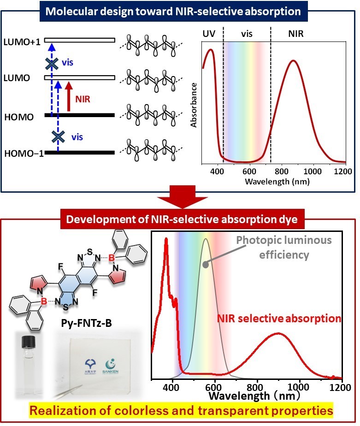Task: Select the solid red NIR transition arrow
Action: coord(69,96)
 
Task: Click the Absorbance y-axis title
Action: coord(194,105)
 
